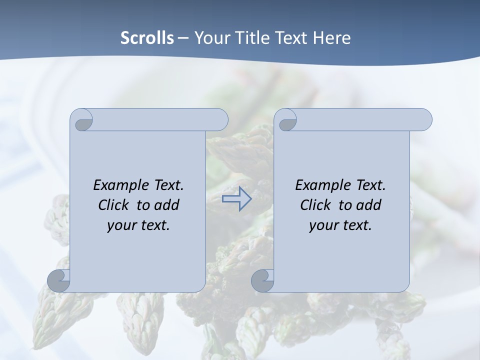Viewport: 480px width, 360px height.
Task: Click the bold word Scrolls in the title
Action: pos(147,38)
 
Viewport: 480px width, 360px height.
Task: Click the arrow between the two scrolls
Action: pos(236,199)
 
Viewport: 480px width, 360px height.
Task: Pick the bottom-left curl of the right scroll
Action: pos(263,281)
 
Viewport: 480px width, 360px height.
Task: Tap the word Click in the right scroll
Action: pos(315,205)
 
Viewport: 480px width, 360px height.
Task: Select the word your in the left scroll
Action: pos(122,225)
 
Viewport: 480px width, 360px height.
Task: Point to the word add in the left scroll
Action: pos(168,205)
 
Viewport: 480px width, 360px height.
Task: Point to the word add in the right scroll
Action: pos(370,205)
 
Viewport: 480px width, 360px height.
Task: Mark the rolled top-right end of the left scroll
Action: pos(218,120)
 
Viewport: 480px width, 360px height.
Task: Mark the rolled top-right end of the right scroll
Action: pos(422,120)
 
